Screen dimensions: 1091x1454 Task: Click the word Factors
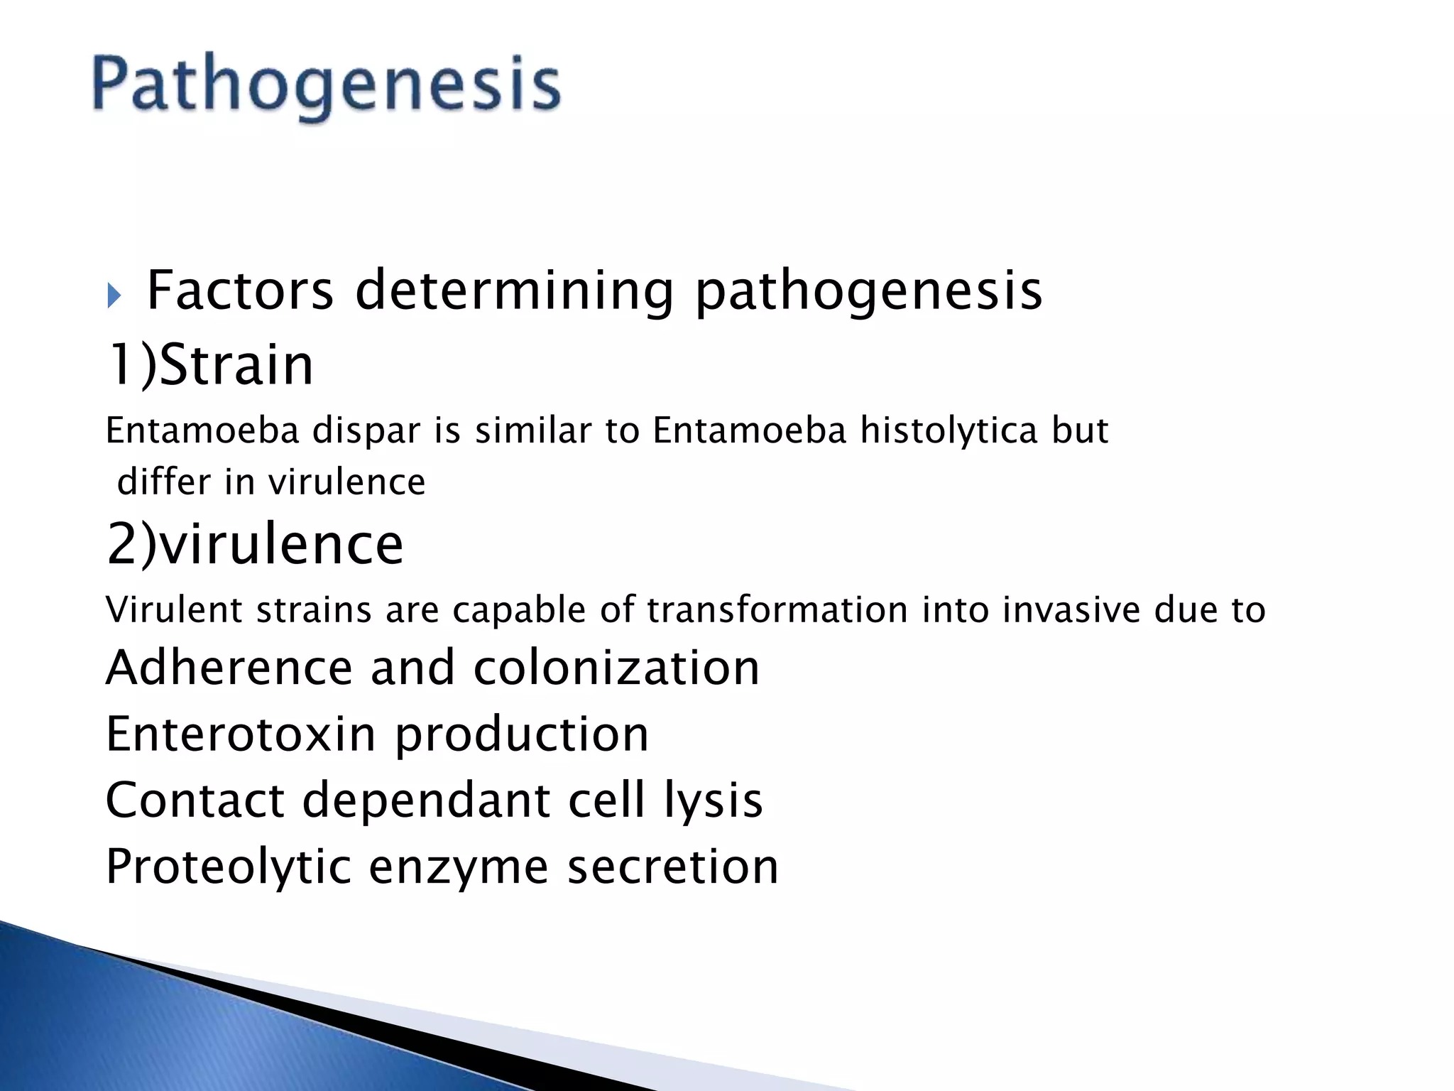tap(240, 291)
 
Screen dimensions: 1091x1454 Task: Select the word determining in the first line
tap(514, 292)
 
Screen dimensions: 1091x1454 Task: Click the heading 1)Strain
tap(210, 365)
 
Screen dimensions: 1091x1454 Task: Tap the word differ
tap(164, 482)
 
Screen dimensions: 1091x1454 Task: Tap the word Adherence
tap(229, 668)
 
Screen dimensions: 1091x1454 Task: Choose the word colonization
tap(616, 668)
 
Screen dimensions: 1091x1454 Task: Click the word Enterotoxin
tap(240, 734)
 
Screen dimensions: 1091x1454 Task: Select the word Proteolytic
tap(228, 867)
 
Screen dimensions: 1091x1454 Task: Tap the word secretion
tap(672, 867)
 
